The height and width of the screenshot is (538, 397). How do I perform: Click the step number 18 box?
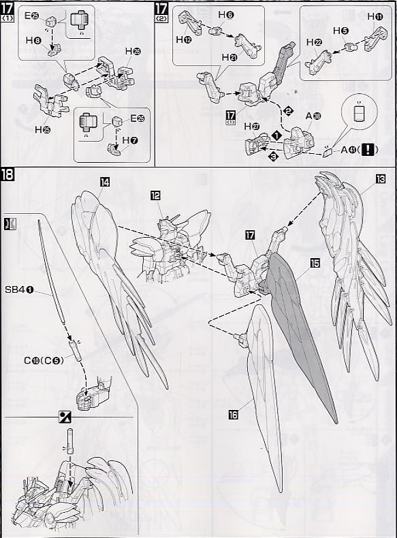(8, 176)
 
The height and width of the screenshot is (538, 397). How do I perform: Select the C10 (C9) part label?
(45, 360)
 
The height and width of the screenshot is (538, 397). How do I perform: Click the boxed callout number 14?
(105, 183)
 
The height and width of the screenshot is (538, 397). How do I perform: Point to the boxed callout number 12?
(156, 195)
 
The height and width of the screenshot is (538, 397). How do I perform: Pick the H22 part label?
(314, 42)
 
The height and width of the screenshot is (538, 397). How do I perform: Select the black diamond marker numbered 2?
(287, 111)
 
